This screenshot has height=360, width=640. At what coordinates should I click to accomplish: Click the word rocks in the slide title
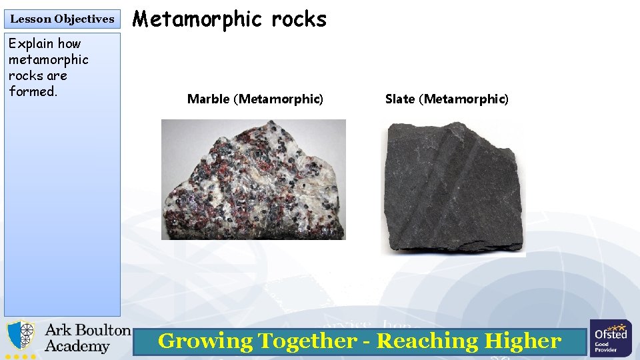click(299, 19)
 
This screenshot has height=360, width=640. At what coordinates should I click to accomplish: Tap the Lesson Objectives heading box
click(62, 19)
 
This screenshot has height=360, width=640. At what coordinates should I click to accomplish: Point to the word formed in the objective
click(33, 91)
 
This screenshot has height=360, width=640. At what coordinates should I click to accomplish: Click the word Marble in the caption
click(208, 99)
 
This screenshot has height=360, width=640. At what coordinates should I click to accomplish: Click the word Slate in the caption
click(399, 99)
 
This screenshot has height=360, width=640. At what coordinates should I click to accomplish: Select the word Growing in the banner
click(205, 341)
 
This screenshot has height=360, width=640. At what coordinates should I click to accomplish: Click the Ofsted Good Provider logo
click(610, 338)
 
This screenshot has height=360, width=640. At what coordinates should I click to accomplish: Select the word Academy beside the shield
click(77, 347)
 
